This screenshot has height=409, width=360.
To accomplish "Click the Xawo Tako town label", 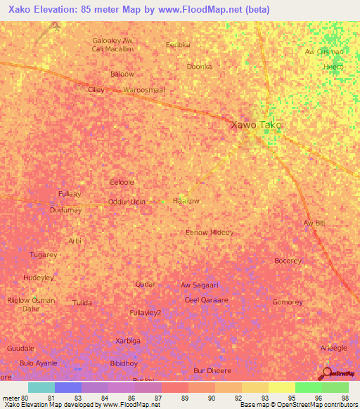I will tap(257, 124).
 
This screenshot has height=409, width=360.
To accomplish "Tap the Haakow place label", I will tap(186, 200).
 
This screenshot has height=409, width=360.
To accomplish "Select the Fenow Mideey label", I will tap(209, 232).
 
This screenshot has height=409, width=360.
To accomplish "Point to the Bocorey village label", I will tap(288, 261).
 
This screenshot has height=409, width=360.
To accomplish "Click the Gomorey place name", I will tap(287, 302).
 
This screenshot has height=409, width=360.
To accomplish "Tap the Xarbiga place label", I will tap(128, 340).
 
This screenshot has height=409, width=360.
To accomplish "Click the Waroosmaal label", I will tap(143, 90).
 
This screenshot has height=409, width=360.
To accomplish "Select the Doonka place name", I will tap(199, 66).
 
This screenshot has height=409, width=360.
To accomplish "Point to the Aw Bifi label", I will tap(314, 223).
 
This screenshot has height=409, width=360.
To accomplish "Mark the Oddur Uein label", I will tap(127, 202).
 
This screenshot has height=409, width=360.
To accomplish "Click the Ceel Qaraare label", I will tap(206, 299).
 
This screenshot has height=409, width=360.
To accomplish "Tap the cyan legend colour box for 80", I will tap(41, 387).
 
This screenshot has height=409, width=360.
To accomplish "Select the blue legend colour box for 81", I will tap(68, 387).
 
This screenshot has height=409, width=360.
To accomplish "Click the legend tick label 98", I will tap(345, 398).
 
